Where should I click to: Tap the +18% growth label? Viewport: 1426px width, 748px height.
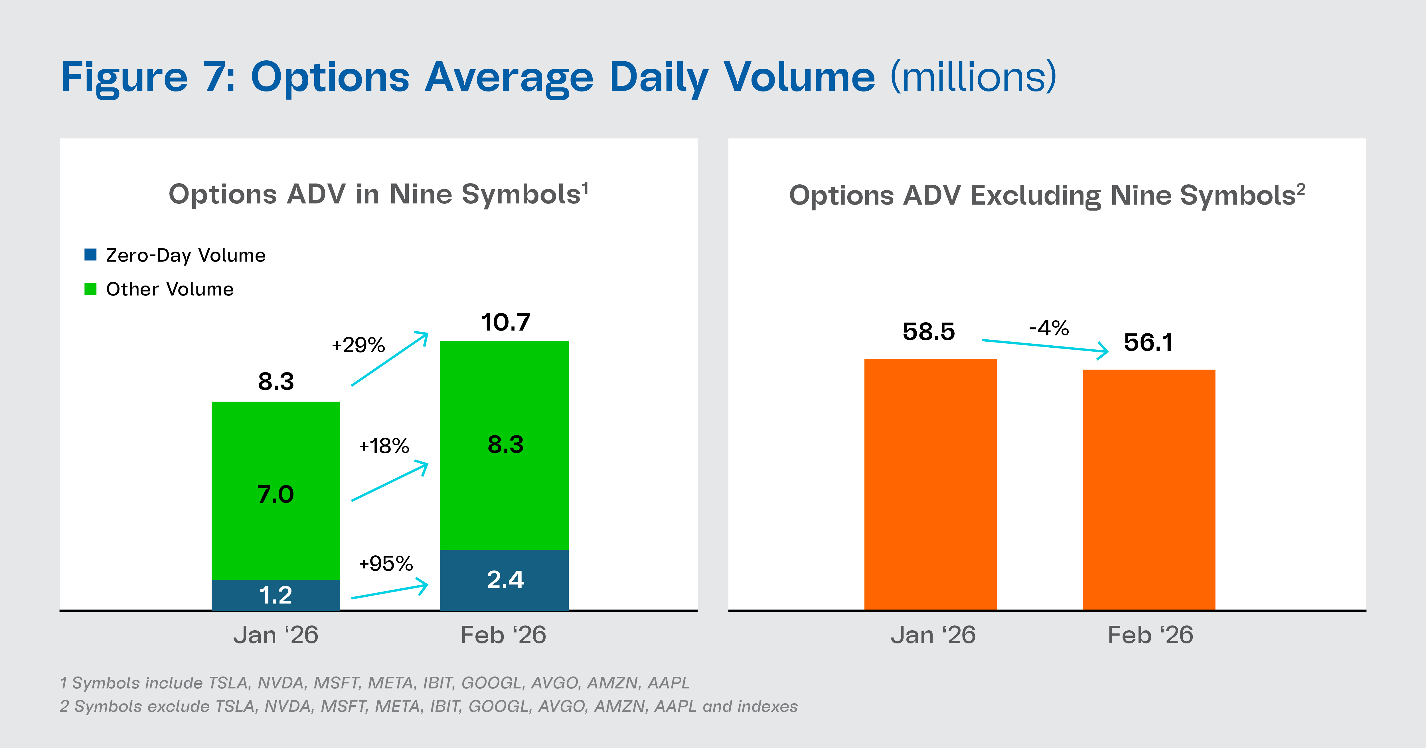[x=384, y=446]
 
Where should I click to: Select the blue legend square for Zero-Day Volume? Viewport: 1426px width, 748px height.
[x=90, y=254]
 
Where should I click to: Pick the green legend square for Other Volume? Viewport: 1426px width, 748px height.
[x=90, y=289]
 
